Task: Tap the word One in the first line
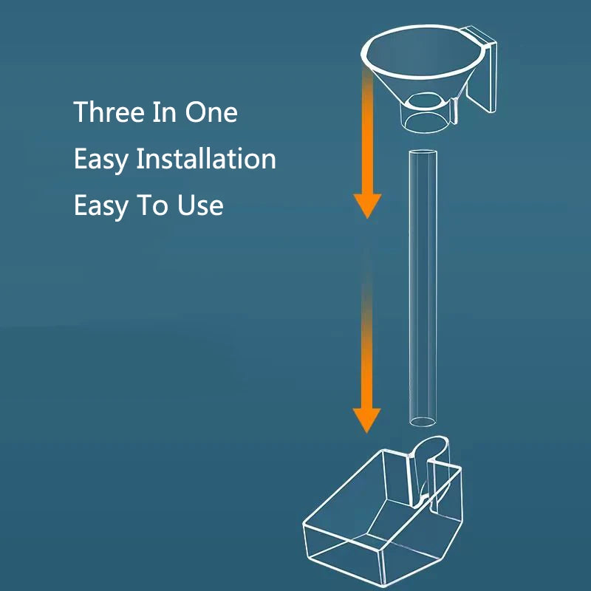coord(211,112)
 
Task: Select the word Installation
coord(206,158)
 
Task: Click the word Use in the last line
coord(200,205)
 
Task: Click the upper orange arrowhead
coord(367,205)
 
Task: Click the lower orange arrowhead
coord(366,420)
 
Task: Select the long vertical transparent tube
coord(423,288)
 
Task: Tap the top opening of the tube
coord(423,153)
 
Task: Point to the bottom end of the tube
coord(423,422)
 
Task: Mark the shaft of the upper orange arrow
coord(367,132)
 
